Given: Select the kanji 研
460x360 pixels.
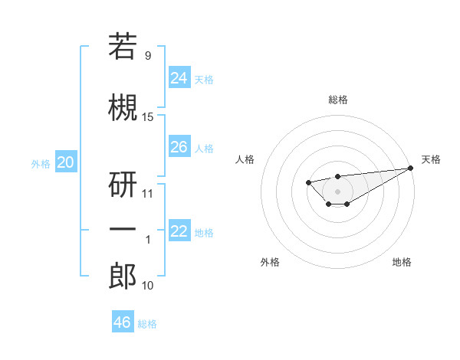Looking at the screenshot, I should [x=123, y=184].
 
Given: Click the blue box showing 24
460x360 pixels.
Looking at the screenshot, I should [x=179, y=77].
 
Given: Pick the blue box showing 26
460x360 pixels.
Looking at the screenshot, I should [x=179, y=146].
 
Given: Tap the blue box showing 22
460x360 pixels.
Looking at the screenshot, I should [x=179, y=231].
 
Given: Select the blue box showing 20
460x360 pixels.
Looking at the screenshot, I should [x=66, y=162].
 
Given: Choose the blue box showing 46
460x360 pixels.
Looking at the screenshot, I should [x=122, y=322].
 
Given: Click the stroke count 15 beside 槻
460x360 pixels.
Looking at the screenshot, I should [x=148, y=116].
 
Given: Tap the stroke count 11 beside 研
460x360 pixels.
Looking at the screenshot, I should [x=148, y=193].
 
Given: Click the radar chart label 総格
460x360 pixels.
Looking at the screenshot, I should [x=337, y=100].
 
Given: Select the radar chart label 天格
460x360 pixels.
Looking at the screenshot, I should [x=431, y=159].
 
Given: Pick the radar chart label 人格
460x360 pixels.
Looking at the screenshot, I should [x=245, y=159].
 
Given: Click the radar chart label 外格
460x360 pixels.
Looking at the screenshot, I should [x=270, y=262].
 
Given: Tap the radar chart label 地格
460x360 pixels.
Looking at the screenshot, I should [x=402, y=262].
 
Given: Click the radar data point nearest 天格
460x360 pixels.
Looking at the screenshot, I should [x=412, y=168].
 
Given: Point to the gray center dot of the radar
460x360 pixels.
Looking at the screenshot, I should [x=337, y=191].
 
